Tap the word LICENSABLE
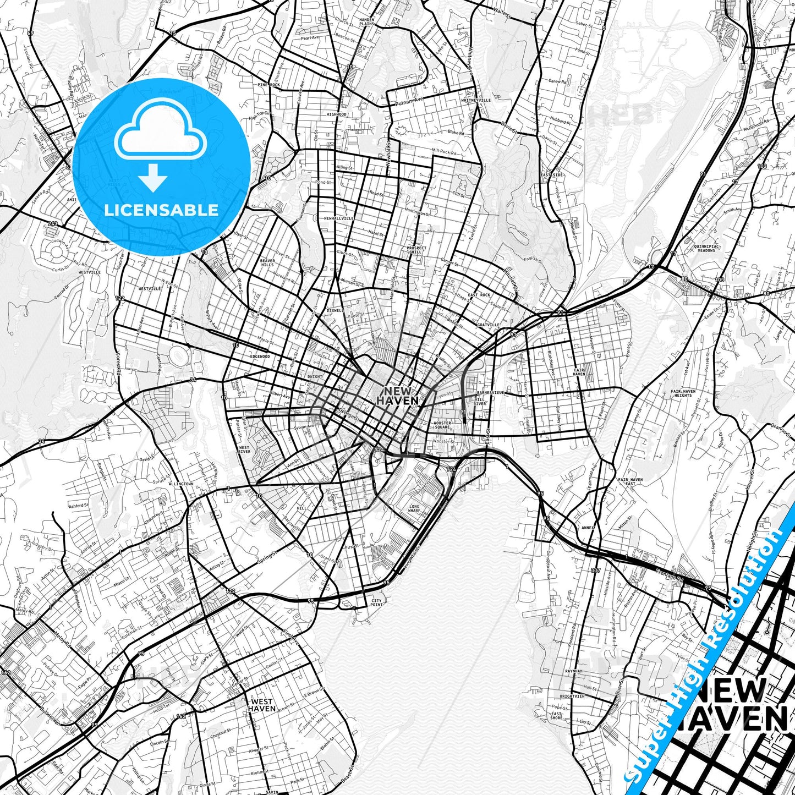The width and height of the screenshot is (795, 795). [161, 210]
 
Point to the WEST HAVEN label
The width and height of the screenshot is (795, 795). [261, 705]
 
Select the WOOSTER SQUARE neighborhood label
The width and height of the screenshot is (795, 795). [442, 425]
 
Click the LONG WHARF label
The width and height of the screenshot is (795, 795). [414, 508]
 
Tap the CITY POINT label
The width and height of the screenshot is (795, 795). [377, 602]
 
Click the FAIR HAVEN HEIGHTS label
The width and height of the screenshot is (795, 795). [683, 393]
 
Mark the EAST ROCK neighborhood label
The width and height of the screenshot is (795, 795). [479, 295]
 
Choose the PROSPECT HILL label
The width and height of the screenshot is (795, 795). [416, 250]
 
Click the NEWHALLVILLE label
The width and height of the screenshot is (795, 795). [339, 218]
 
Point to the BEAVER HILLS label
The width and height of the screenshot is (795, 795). [267, 262]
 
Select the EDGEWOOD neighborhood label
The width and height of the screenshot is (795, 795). [260, 356]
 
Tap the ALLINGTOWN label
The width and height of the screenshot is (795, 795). [181, 484]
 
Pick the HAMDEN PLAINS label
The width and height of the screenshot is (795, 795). [366, 21]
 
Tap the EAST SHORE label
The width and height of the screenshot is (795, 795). [557, 716]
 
